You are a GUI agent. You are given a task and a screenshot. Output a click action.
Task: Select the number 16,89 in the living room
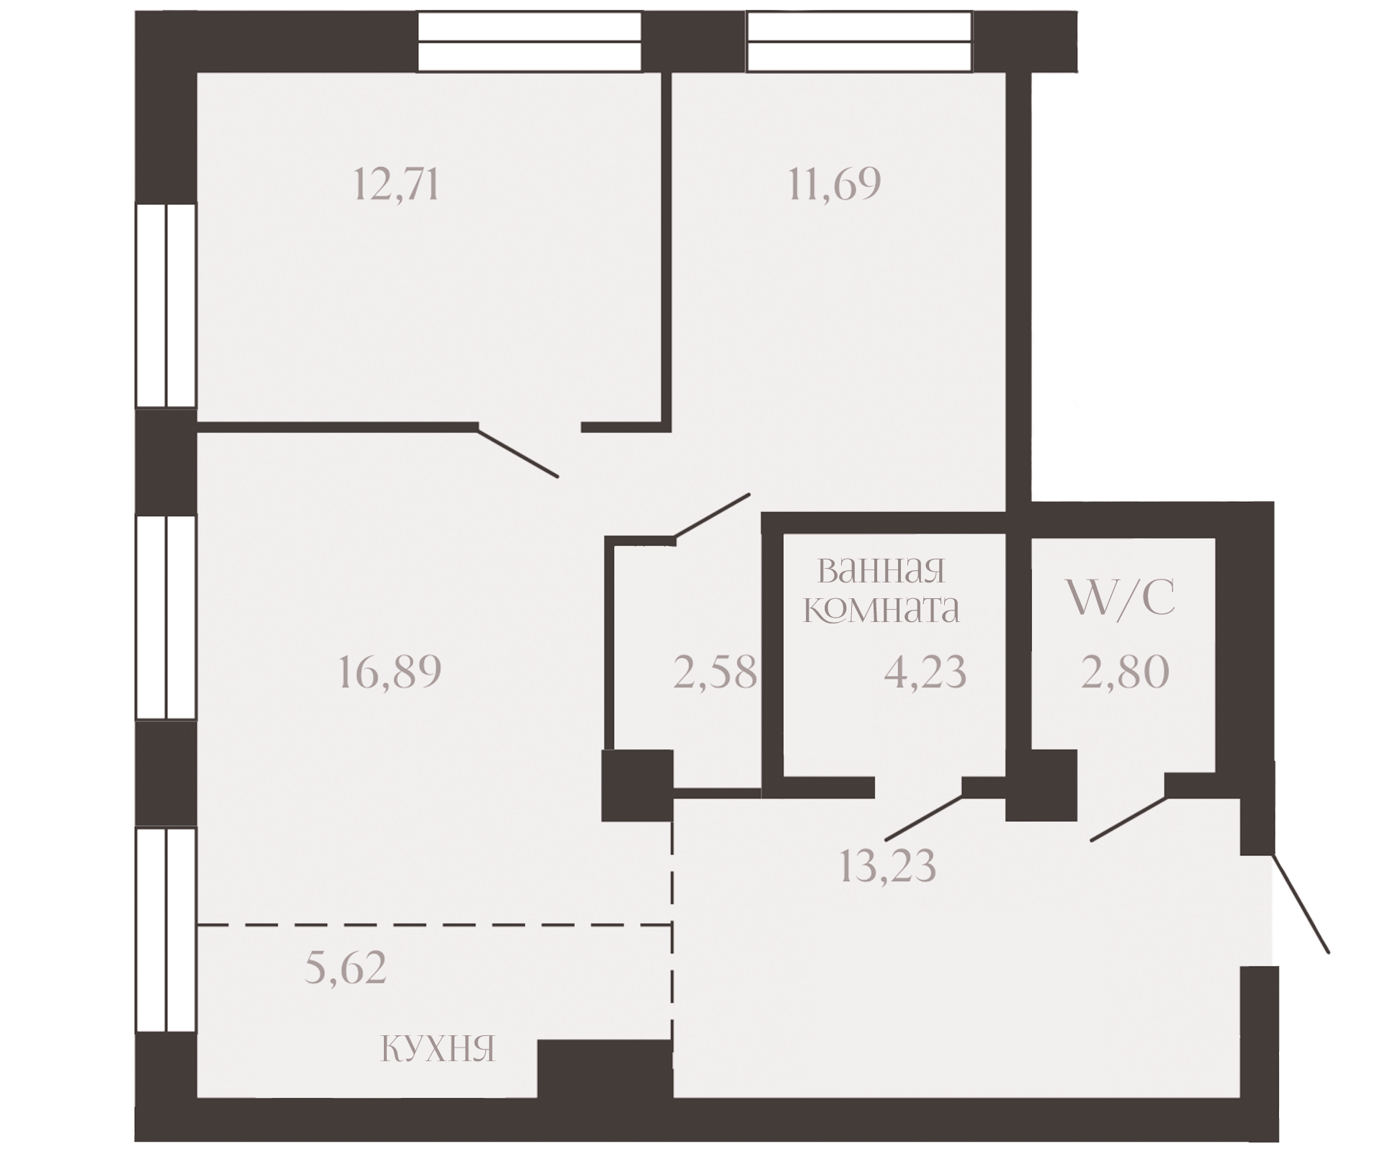pos(389,672)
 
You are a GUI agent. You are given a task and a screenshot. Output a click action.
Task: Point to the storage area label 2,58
pos(715,672)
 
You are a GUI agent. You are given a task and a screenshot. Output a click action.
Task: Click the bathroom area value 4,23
pos(925,672)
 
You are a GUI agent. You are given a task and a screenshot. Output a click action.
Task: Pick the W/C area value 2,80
pos(1125,672)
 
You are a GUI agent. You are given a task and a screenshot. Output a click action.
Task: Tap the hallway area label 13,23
pos(888,865)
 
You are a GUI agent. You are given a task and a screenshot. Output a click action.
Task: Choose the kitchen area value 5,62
pos(346,968)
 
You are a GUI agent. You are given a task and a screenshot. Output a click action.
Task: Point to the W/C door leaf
pos(1128,819)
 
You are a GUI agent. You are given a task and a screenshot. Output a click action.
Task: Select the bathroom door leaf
pos(925,818)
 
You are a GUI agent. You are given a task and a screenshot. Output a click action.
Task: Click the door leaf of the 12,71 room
pos(517,451)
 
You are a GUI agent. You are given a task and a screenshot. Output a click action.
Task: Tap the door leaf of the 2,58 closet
pos(712,516)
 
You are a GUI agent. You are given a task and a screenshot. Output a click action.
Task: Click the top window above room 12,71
pos(529,42)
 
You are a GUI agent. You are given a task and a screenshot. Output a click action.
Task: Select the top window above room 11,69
pos(860,42)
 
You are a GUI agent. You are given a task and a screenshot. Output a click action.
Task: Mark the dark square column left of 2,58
pos(637,785)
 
